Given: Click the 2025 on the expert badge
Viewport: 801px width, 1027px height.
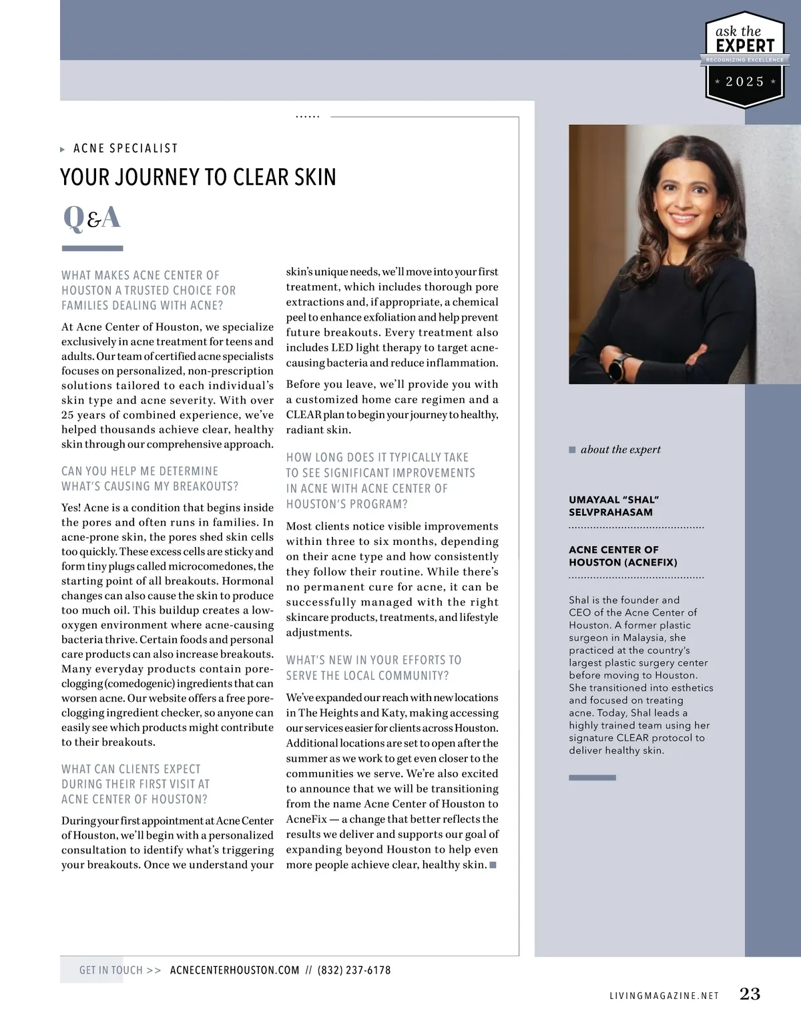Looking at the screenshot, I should [x=745, y=81].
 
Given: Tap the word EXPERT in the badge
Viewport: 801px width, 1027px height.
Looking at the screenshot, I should [x=745, y=45].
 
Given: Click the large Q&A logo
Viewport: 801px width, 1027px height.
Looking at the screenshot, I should [x=92, y=218].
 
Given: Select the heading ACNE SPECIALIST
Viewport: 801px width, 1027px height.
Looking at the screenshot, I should [x=125, y=148].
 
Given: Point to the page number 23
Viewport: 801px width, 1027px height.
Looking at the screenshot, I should [x=750, y=994].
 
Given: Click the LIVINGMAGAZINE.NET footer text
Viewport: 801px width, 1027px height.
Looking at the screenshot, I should [x=664, y=996].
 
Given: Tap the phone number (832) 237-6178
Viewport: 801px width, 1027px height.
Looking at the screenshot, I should [x=354, y=970].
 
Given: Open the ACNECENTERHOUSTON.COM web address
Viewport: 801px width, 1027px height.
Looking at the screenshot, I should [x=235, y=970].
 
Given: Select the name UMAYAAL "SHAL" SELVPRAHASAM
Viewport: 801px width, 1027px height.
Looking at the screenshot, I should [x=613, y=505].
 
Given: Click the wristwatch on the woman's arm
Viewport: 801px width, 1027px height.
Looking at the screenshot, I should [x=620, y=366].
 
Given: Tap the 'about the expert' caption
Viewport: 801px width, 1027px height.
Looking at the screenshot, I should [x=620, y=449].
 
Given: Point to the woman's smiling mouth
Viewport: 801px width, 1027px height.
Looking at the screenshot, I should [x=681, y=218].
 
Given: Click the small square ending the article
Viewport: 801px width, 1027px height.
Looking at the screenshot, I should [x=493, y=865].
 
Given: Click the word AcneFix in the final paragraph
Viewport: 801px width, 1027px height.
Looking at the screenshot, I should [x=306, y=819].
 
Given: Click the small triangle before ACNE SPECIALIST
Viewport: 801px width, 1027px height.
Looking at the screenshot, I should [x=63, y=149].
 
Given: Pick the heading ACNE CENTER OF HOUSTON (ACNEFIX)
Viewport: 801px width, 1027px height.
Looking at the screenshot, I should [x=623, y=556].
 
